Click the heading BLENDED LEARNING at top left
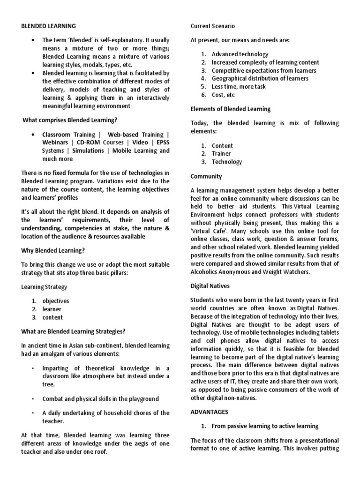pyautogui.click(x=49, y=26)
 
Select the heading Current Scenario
pyautogui.click(x=212, y=26)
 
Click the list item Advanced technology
pyautogui.click(x=240, y=54)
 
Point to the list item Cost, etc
pyautogui.click(x=224, y=95)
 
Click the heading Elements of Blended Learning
pyautogui.click(x=230, y=109)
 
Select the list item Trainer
pyautogui.click(x=222, y=154)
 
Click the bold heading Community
pyautogui.click(x=206, y=177)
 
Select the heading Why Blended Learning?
pyautogui.click(x=53, y=250)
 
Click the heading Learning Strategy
pyautogui.click(x=45, y=286)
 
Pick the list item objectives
pyautogui.click(x=55, y=301)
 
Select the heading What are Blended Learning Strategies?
pyautogui.click(x=74, y=331)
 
